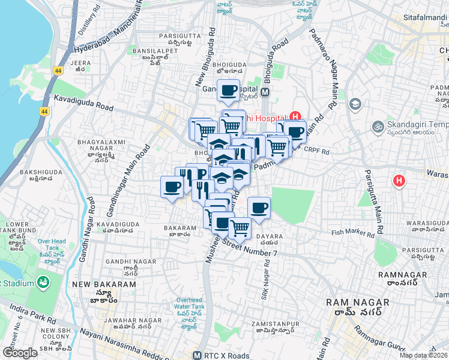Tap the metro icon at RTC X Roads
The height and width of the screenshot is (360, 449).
click(x=196, y=355)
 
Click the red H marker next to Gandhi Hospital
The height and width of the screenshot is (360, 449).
click(x=295, y=117)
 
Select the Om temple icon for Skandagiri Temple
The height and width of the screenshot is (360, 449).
click(x=378, y=127)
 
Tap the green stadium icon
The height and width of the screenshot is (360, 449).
click(x=43, y=282)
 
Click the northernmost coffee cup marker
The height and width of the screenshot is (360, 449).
click(x=228, y=91)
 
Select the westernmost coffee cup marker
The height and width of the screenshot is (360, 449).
click(x=172, y=187)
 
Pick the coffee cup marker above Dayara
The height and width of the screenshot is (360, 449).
click(x=259, y=208)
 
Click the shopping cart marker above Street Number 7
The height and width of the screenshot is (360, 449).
click(x=240, y=227)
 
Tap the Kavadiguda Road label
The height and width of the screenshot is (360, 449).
click(x=83, y=103)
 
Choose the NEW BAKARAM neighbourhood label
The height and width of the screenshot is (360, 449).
click(x=95, y=284)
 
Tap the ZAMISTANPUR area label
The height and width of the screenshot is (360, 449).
click(x=273, y=323)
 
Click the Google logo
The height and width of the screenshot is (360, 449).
click(x=20, y=353)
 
